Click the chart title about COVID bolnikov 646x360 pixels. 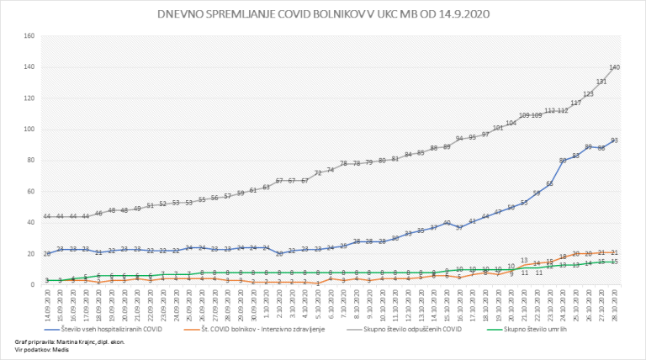324,14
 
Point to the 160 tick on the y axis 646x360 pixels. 29,36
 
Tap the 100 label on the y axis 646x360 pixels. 29,130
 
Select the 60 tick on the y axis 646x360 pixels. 30,192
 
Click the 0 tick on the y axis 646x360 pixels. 32,285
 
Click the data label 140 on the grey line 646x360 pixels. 615,66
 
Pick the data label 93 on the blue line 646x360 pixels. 615,140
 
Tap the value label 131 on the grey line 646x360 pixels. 601,82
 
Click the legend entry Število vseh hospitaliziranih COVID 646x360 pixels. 110,329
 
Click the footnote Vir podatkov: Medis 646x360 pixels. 42,350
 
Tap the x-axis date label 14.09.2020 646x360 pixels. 47,302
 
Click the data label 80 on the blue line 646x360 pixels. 563,160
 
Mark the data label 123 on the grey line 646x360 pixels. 589,94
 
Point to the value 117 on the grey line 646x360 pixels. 576,103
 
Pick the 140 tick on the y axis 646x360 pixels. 29,67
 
